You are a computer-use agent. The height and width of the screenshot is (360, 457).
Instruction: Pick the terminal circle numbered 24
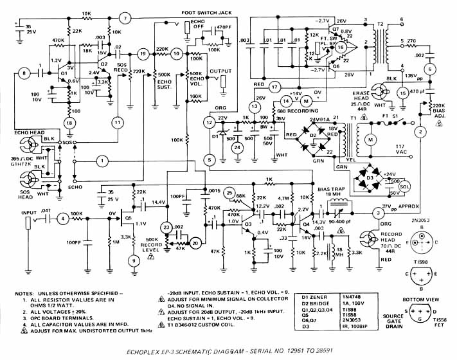tap(239, 147)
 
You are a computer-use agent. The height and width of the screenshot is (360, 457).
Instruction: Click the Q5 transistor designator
tap(128, 218)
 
